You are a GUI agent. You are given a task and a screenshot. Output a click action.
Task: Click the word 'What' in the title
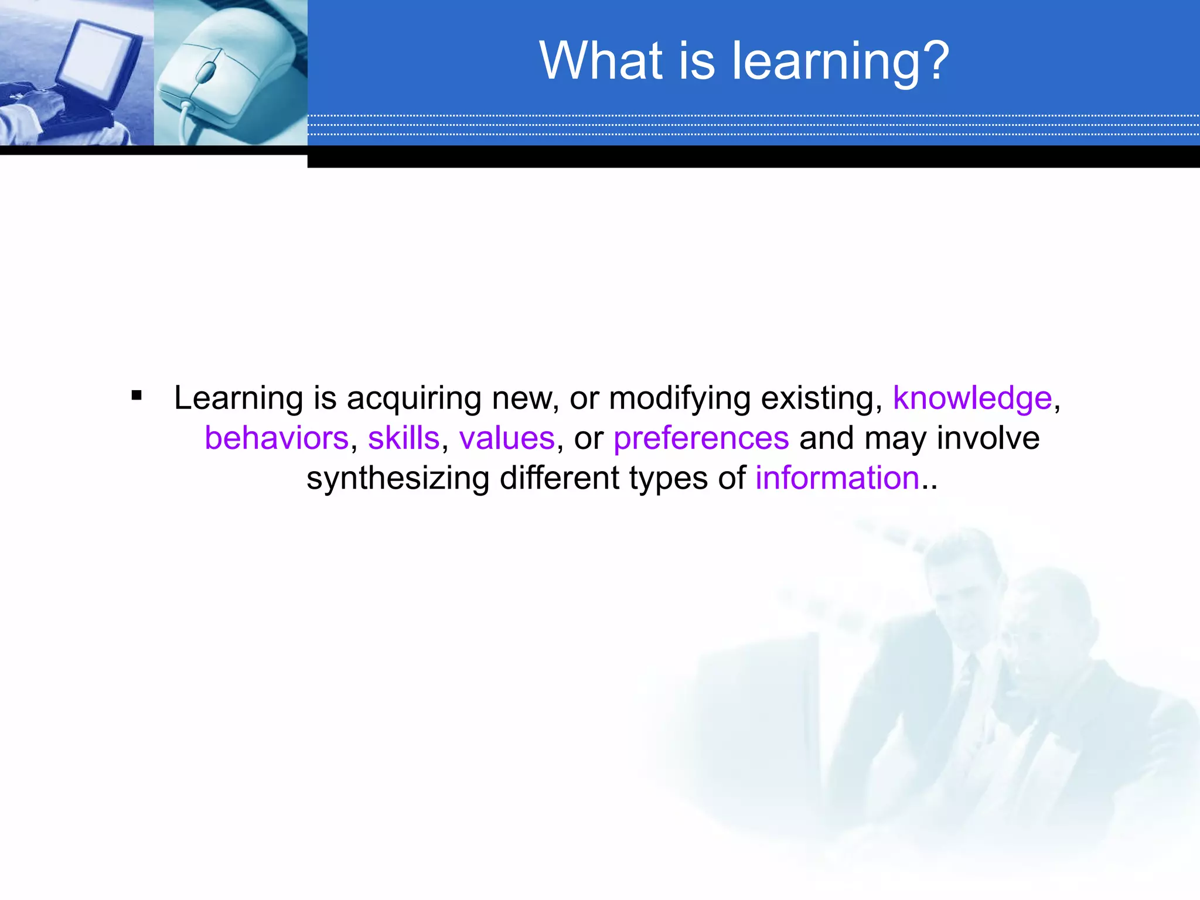click(601, 61)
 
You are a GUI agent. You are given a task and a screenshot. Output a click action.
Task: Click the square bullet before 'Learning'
click(137, 396)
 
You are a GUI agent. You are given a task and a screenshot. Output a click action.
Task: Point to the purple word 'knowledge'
click(972, 398)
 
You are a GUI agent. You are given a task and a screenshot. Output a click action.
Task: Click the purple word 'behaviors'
click(277, 438)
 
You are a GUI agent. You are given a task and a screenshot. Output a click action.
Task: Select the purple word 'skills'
click(403, 438)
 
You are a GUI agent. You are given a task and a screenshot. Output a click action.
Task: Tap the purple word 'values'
click(506, 438)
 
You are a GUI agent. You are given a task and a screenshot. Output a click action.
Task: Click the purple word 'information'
click(837, 478)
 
